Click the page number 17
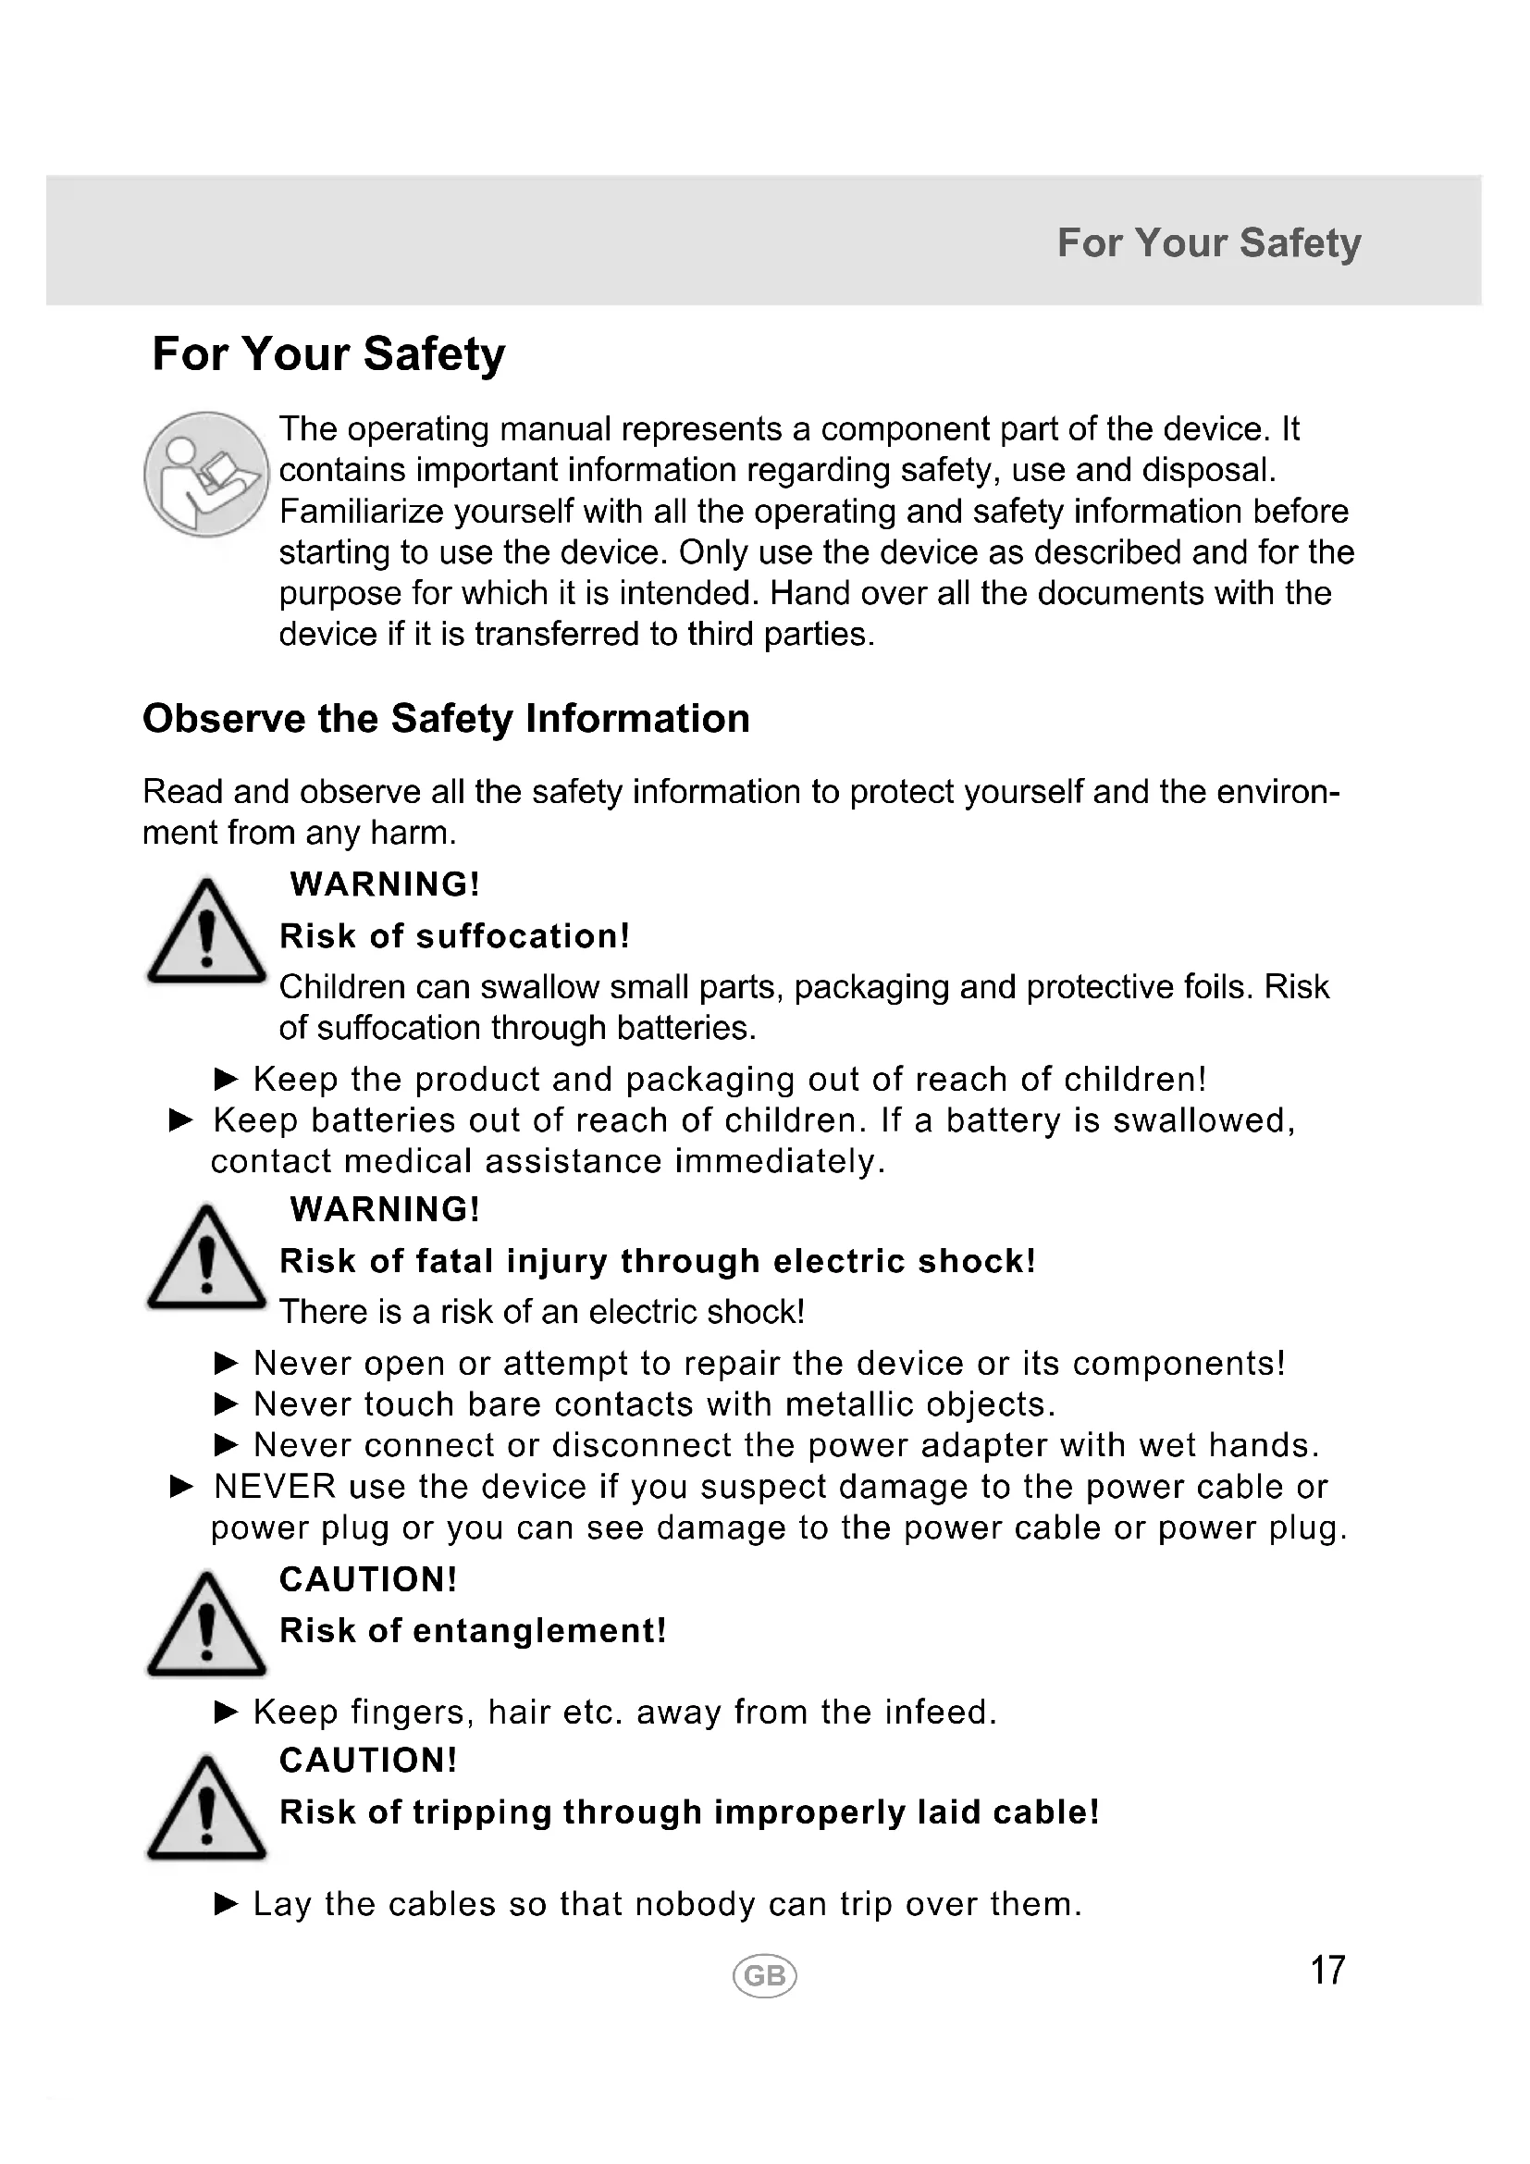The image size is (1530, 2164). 1327,1971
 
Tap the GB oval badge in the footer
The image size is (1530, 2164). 764,1975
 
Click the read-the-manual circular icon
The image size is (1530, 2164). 206,474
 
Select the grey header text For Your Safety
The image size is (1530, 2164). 1209,242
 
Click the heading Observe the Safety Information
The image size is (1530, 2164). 446,719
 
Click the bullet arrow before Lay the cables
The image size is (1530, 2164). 226,1904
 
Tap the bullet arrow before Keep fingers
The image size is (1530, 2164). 226,1712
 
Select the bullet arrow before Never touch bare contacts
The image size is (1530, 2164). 226,1404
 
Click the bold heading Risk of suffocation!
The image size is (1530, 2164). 455,936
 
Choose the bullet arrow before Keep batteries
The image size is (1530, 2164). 181,1120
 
